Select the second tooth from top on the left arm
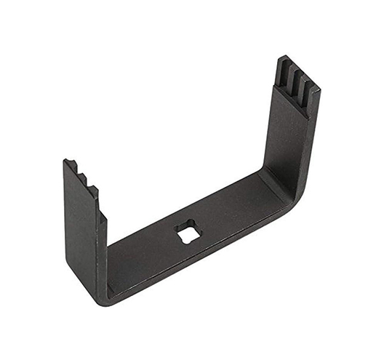(82, 179)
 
